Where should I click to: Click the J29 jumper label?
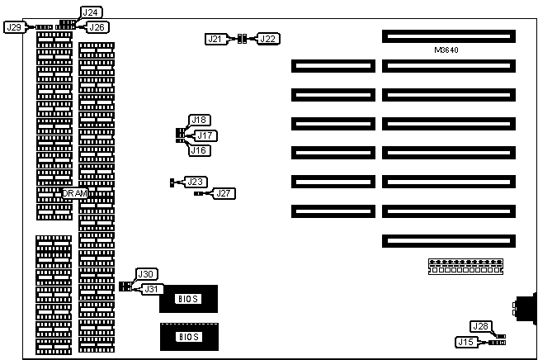(x=14, y=27)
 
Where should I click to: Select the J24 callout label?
(x=92, y=12)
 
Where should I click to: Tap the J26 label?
(x=97, y=27)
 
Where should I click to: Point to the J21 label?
(x=215, y=38)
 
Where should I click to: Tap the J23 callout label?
(x=196, y=181)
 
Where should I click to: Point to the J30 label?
(x=146, y=274)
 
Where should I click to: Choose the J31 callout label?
(x=153, y=289)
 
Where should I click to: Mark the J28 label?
(x=480, y=326)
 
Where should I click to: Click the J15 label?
(x=466, y=341)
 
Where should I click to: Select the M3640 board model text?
(x=447, y=50)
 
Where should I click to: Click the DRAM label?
(x=74, y=192)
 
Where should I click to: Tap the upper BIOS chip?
(x=187, y=297)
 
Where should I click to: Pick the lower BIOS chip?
(x=187, y=336)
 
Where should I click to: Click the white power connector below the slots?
(x=465, y=266)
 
